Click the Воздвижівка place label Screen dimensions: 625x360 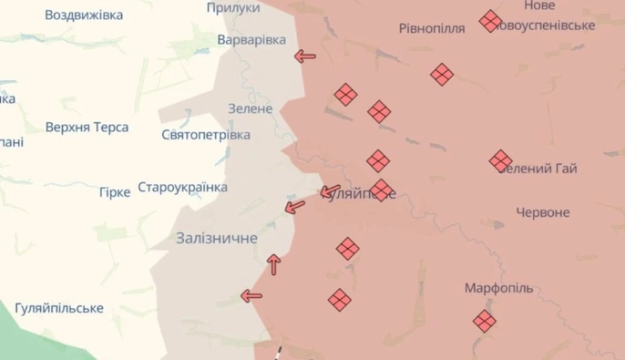point(84,15)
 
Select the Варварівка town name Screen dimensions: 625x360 point(251,40)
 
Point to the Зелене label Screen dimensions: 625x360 point(250,108)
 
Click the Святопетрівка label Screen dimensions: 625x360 point(205,135)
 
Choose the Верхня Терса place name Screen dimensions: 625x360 point(87,128)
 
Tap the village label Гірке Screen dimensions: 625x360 point(115,192)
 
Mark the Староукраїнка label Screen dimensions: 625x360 point(182,188)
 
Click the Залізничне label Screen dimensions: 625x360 point(216,238)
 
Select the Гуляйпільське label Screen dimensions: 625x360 point(59,308)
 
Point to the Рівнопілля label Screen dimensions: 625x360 point(432,27)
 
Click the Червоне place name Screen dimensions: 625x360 point(542,212)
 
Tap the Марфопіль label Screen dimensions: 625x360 point(498,288)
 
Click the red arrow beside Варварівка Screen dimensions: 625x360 point(305,57)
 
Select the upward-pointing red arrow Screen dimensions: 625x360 point(273,264)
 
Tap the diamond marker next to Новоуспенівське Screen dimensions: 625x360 point(490,21)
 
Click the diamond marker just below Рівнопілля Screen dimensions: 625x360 point(442,75)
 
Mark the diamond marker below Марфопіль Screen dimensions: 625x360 point(484,320)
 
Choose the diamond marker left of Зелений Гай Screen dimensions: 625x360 point(500,161)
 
